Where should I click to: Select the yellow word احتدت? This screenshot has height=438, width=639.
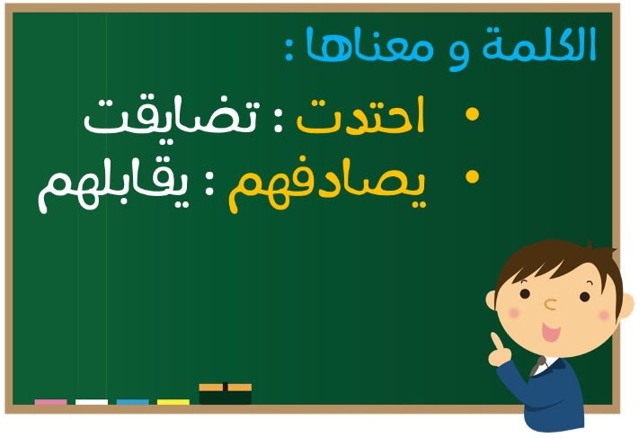(360, 115)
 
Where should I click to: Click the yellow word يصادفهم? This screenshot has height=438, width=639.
(327, 185)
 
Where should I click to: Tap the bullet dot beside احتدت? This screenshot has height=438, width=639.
(472, 114)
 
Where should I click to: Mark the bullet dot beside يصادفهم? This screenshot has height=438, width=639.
(472, 176)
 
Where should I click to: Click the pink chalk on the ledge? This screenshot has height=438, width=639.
(51, 402)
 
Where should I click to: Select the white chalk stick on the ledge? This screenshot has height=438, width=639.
(92, 402)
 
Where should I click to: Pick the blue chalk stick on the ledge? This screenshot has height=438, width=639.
(132, 402)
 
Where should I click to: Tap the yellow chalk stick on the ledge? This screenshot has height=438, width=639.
(173, 402)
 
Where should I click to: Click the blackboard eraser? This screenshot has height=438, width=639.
(225, 394)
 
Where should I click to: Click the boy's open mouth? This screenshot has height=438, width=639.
(550, 332)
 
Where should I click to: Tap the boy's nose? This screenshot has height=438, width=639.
(550, 304)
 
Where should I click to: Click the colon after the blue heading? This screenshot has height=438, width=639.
(288, 49)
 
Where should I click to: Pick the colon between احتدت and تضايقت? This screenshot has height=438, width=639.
(278, 121)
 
